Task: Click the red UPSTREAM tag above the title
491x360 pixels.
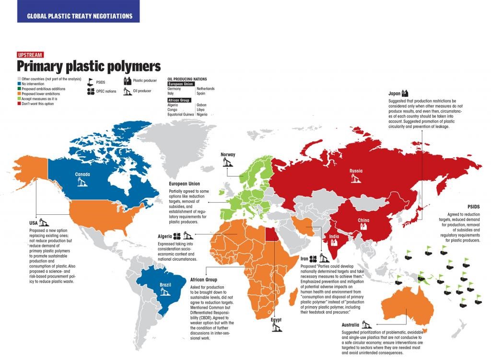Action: [30, 55]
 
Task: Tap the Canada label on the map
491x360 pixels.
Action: [82, 174]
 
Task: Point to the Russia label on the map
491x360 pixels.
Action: [356, 171]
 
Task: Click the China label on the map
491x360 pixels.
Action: [363, 221]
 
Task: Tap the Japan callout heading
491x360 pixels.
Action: [394, 93]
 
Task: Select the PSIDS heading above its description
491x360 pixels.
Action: [473, 207]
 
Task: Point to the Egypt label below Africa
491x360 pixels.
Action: [276, 319]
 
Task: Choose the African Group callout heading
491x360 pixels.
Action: [204, 279]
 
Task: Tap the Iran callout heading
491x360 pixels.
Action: [305, 259]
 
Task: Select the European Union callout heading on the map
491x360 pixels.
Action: [185, 184]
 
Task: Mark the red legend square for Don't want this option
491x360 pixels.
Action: [19, 104]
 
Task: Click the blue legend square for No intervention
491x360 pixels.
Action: [19, 84]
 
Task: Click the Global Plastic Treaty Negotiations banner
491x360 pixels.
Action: [79, 16]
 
